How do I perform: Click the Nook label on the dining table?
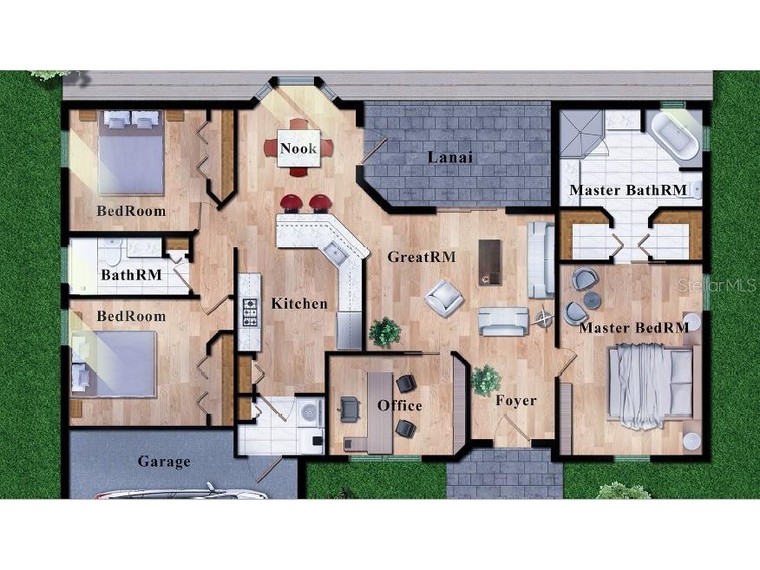click(298, 148)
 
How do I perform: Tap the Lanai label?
click(450, 158)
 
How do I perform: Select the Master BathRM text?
click(628, 190)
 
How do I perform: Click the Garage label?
click(164, 462)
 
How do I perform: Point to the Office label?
click(400, 405)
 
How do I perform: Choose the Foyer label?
click(516, 401)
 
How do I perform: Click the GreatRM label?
click(422, 257)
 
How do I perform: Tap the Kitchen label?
click(299, 304)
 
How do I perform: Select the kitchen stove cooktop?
click(250, 312)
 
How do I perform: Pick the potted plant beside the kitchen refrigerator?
click(385, 332)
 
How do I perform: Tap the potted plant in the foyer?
click(486, 380)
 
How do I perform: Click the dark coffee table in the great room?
click(489, 262)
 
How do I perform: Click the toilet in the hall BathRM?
click(112, 252)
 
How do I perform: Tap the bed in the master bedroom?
click(651, 386)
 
